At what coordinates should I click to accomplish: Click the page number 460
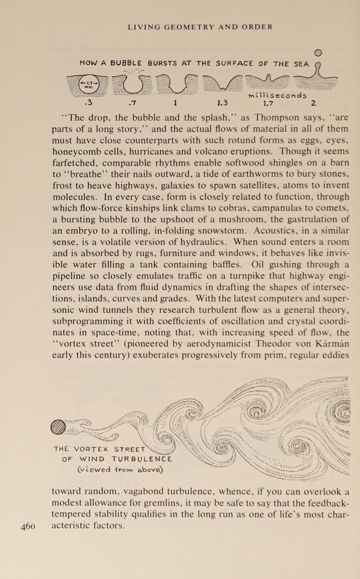(x=28, y=526)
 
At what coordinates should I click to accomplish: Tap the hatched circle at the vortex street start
(x=58, y=428)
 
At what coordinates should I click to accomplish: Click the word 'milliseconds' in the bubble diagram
(x=277, y=95)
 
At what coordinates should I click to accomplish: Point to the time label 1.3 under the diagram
(x=222, y=103)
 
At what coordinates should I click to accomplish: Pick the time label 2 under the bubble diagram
(x=313, y=103)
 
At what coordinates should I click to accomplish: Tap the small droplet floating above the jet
(x=318, y=53)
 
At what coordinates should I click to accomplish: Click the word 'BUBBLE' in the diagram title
(x=126, y=64)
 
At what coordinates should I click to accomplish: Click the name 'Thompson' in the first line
(x=277, y=118)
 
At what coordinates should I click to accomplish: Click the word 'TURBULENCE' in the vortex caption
(x=142, y=459)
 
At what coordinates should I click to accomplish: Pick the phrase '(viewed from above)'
(x=120, y=470)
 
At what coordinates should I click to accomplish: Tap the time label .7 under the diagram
(x=132, y=103)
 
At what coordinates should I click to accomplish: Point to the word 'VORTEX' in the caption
(x=91, y=450)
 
